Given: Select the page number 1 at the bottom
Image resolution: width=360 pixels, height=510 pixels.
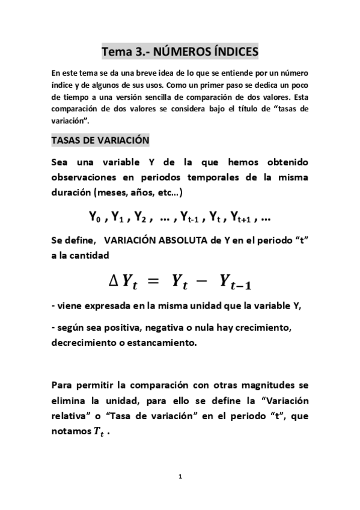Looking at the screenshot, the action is tap(180, 477).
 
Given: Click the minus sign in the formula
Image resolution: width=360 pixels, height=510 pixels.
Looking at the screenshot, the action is tap(203, 280).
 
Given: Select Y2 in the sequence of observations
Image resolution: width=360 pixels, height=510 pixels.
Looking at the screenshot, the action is tap(142, 217).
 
